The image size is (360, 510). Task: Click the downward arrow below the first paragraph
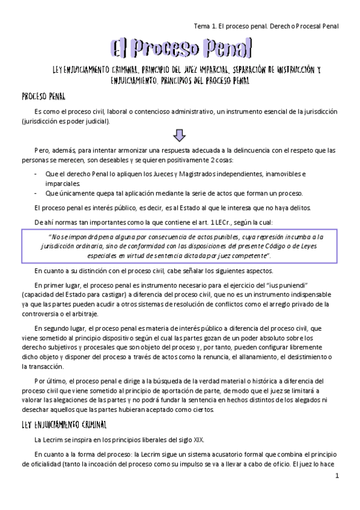pyautogui.click(x=180, y=134)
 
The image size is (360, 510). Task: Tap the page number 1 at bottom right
pyautogui.click(x=338, y=476)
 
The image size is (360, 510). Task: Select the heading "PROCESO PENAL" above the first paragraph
pyautogui.click(x=47, y=96)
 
